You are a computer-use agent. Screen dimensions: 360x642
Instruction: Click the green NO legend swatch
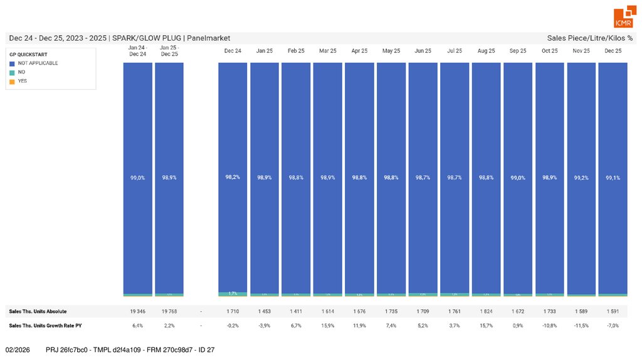point(12,72)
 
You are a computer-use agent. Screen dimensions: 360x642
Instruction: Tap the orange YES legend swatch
point(12,81)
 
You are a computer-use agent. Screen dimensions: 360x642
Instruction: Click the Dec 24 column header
point(233,51)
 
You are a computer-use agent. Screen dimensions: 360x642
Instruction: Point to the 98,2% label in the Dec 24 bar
point(233,177)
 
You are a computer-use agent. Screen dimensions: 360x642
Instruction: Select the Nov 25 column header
point(581,51)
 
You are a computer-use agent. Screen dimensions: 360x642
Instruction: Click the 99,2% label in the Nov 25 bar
point(581,177)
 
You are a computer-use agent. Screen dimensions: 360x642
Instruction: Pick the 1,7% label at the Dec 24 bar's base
point(233,293)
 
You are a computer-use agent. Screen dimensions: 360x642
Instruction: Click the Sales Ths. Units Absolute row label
point(38,311)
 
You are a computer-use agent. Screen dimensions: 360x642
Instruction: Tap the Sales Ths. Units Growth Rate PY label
point(45,326)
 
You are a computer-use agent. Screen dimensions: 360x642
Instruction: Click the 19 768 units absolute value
point(169,311)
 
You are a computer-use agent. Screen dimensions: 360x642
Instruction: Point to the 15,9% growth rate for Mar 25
point(328,326)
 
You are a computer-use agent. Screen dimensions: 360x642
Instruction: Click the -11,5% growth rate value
point(581,326)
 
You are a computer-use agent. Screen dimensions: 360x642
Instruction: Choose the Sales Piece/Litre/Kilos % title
point(589,38)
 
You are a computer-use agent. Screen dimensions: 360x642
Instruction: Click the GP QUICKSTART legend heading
point(28,55)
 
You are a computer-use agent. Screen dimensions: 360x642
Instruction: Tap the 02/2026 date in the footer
point(18,349)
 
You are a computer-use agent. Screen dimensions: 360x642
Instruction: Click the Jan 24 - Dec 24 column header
point(137,51)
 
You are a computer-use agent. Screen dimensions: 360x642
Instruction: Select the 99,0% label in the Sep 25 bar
point(518,177)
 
